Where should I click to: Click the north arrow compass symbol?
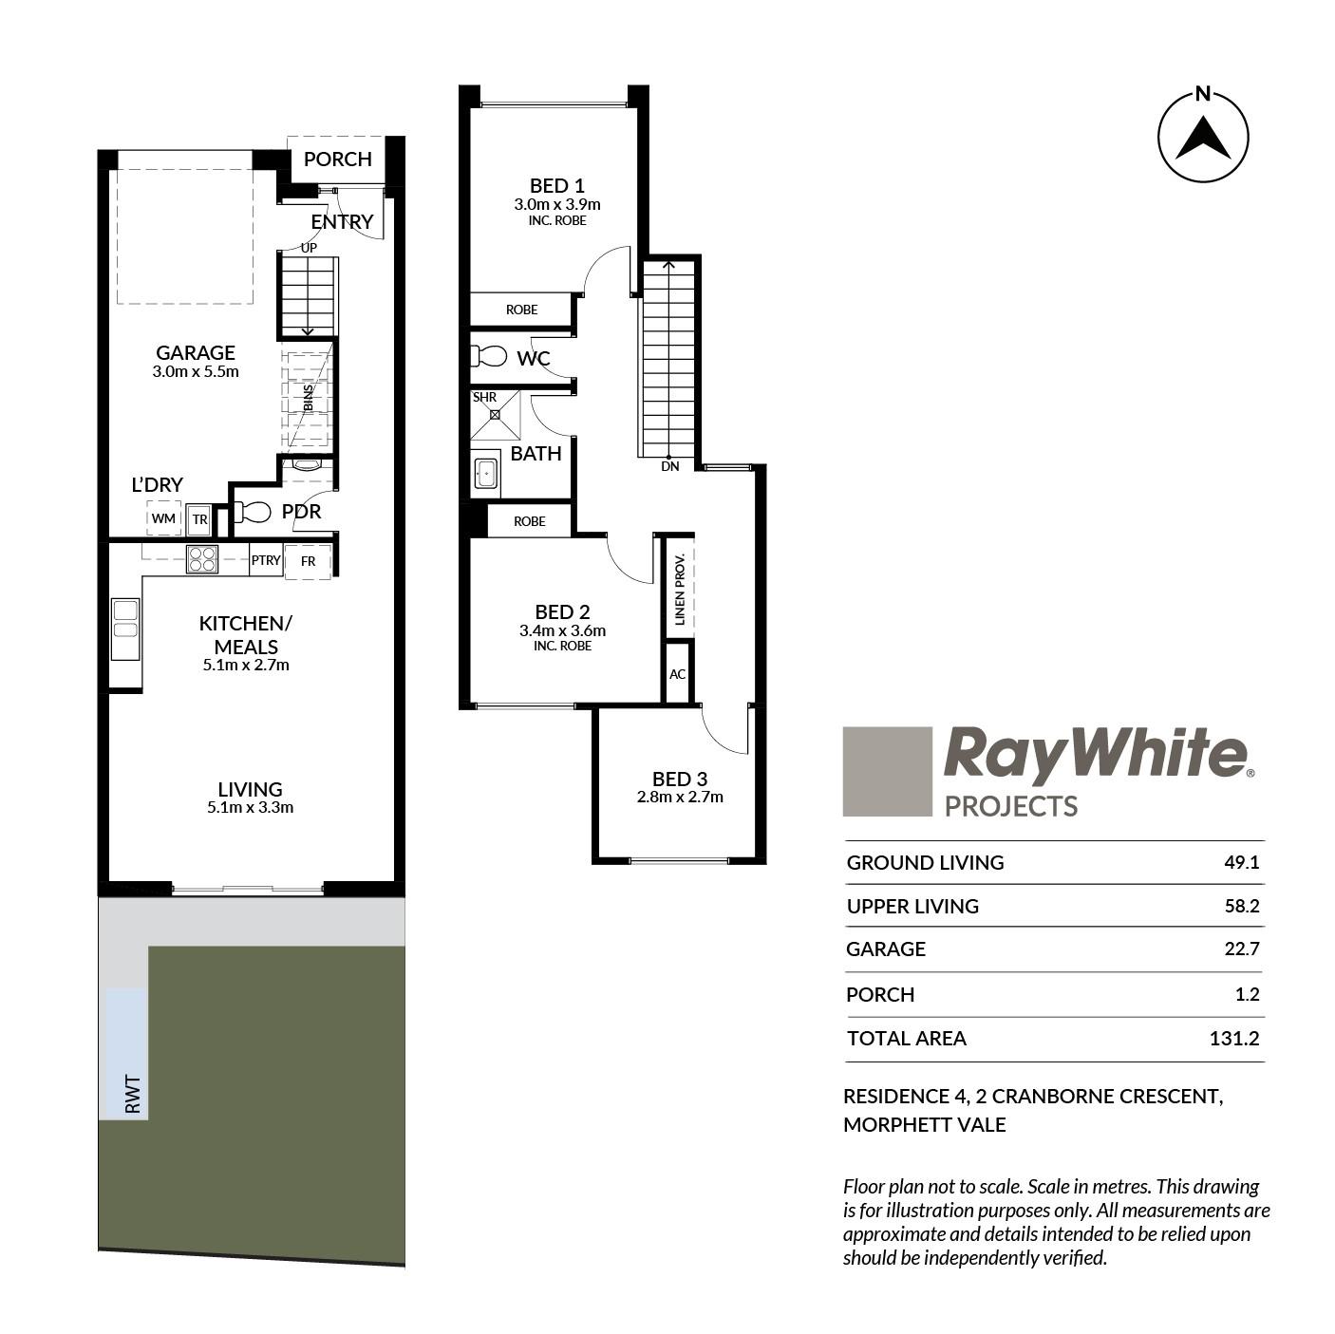1202,137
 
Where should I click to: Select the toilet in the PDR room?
252,512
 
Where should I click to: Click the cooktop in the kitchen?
202,558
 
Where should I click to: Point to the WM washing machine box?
163,517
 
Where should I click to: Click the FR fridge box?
308,560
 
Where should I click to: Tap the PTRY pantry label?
266,560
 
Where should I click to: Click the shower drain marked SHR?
495,414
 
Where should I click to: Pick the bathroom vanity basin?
485,474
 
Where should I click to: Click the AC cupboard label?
677,674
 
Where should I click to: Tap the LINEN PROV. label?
680,590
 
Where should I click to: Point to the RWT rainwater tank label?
133,1094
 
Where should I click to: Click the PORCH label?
337,160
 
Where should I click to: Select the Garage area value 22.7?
1241,948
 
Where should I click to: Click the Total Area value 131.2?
1233,1038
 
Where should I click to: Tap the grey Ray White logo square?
887,771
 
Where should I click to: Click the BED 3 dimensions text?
680,797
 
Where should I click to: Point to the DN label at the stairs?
670,466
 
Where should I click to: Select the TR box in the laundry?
199,519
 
